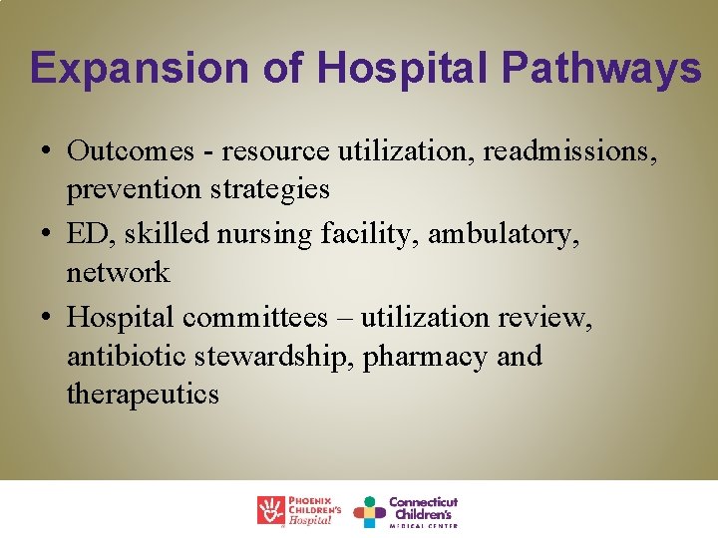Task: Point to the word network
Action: click(118, 271)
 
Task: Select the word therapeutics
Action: click(143, 394)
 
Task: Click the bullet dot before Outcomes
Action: click(47, 151)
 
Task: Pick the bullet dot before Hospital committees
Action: click(47, 318)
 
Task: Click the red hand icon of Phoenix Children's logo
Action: click(271, 510)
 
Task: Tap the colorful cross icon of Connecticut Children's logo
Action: click(369, 511)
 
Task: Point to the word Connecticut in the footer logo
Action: click(423, 501)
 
